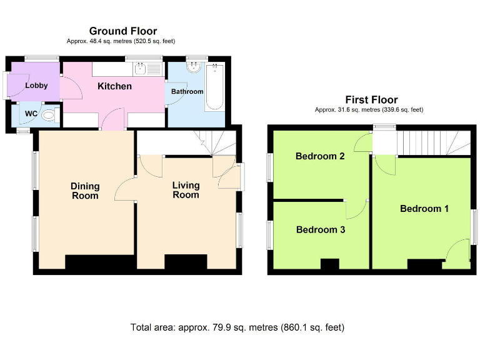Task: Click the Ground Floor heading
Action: pos(123,31)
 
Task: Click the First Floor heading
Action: pos(371,100)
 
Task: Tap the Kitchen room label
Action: pos(114,86)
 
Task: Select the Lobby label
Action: pos(36,86)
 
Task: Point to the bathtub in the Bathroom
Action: pos(214,87)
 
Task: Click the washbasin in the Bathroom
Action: pos(194,67)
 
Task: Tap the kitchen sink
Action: pos(140,69)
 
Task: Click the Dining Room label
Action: pos(85,191)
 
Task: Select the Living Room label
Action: pos(186,190)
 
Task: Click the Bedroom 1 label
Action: pos(424,209)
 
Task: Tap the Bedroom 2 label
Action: pos(320,156)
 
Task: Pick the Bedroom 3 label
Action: pos(321,229)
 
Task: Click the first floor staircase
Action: pos(434,143)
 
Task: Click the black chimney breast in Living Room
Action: pos(186,262)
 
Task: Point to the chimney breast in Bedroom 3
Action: pos(330,264)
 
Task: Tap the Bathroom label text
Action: pos(187,91)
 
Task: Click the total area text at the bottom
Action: pos(237,327)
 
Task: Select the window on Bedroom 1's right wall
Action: pos(474,227)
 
